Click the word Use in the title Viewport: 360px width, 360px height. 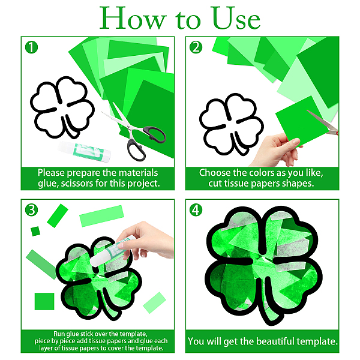pos(236,18)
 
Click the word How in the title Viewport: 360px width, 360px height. pos(133,18)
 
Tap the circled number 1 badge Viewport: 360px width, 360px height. pos(31,47)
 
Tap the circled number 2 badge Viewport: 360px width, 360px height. pos(196,47)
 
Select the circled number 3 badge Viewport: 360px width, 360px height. pos(31,210)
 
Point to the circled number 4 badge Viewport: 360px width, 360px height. pos(196,210)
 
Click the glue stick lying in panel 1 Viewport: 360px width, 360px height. pos(84,151)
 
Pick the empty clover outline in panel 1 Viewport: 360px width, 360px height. pos(62,107)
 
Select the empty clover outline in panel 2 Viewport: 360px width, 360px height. pos(232,124)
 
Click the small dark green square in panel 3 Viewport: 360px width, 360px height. pos(35,231)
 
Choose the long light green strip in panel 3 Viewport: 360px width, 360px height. pos(101,216)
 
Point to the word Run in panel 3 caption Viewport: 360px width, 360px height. pos(59,334)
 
